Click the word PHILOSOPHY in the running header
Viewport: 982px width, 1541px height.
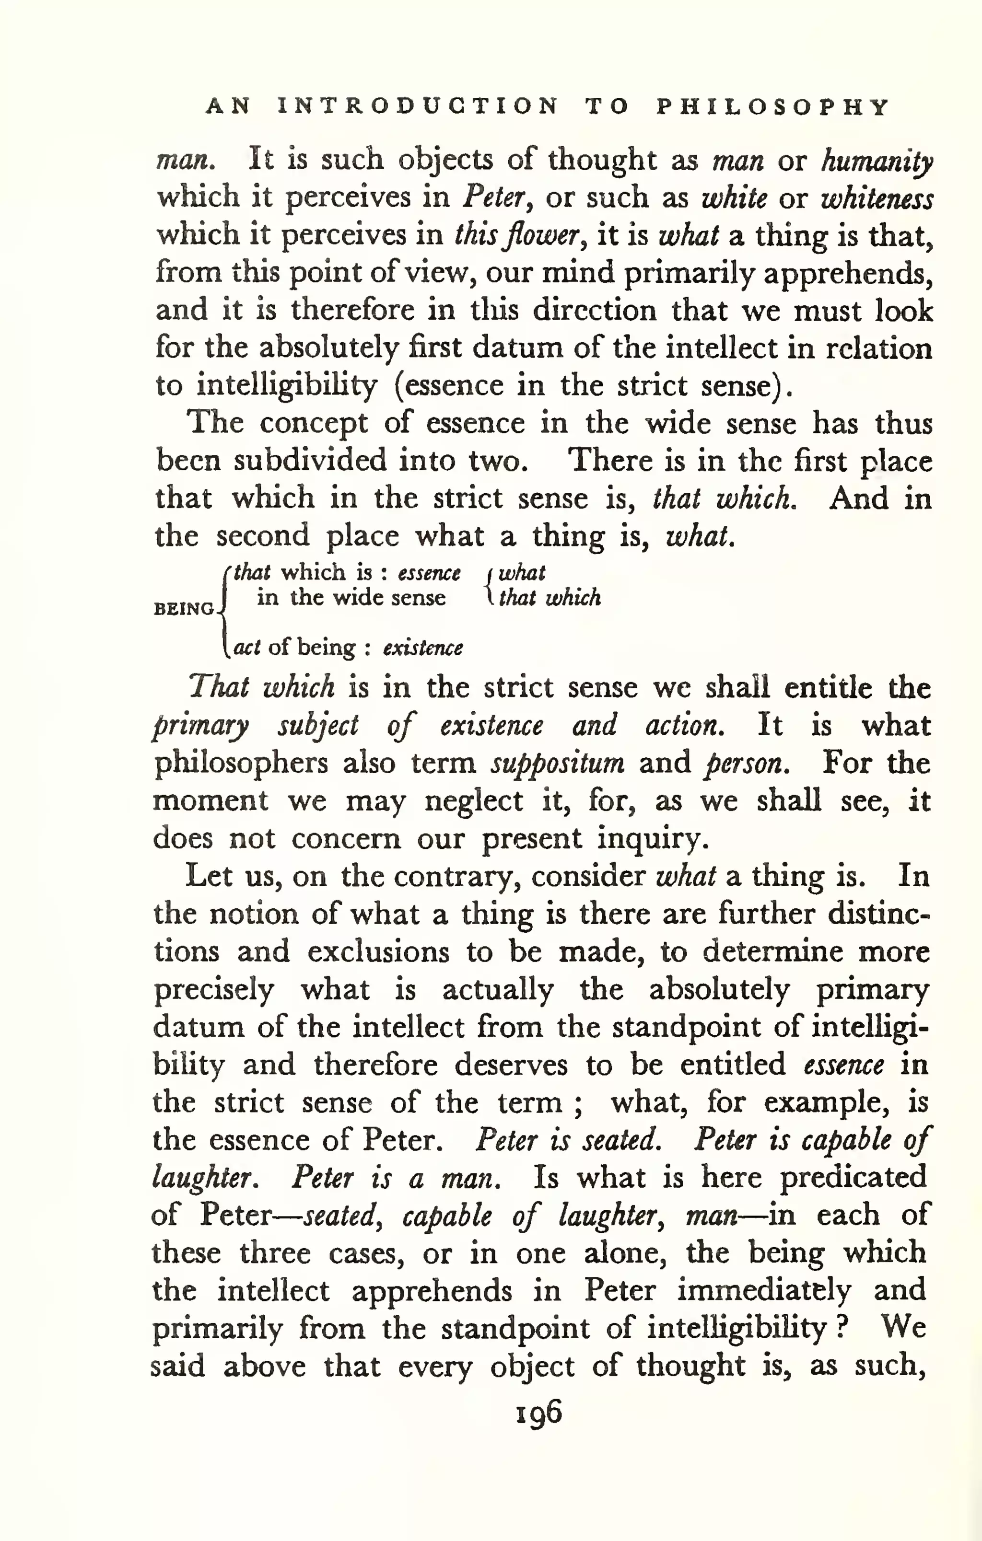coord(772,106)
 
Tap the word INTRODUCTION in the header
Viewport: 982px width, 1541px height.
coord(419,106)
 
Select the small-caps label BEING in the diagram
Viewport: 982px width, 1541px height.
coord(184,609)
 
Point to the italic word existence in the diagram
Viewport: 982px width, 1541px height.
coord(422,648)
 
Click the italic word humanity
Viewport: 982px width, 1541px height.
coord(877,161)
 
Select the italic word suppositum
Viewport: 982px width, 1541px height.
coord(557,764)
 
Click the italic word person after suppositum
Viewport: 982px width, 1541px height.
coord(746,764)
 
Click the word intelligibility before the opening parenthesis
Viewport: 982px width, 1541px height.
coord(286,386)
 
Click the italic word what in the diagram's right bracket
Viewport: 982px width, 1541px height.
coord(522,572)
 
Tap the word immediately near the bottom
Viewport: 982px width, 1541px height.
coord(764,1290)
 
